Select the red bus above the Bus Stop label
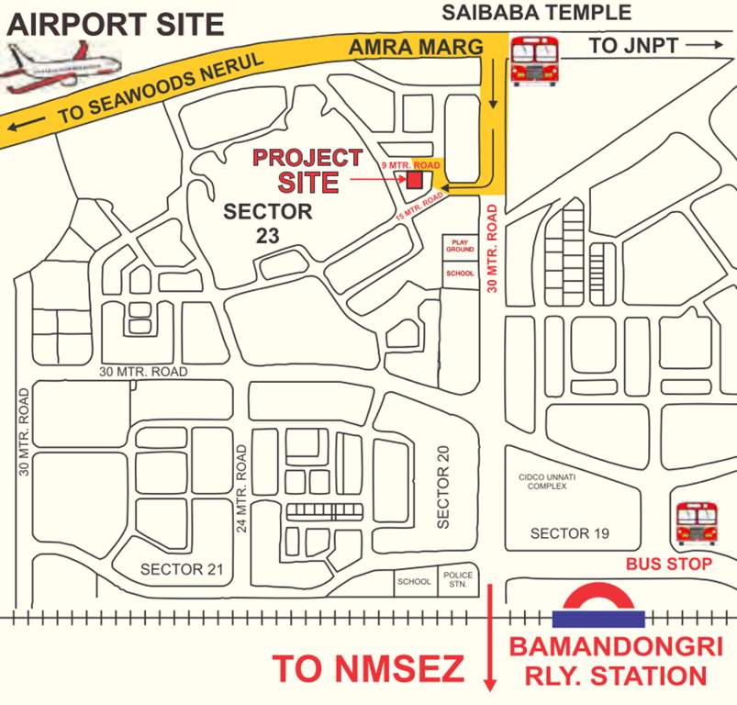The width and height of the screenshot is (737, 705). point(696,523)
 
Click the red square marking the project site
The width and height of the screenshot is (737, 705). point(415,179)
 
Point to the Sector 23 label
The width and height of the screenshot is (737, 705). point(268,222)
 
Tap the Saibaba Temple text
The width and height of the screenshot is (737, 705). point(537,12)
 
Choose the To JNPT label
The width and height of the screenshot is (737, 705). point(642,45)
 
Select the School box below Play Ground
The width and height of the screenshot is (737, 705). point(460,274)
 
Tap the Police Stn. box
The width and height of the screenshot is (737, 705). point(457,581)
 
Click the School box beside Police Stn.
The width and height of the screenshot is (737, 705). point(414,581)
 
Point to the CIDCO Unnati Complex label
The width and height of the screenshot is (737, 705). point(547,481)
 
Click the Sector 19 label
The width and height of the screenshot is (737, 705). point(570,533)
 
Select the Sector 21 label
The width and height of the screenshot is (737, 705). point(182,569)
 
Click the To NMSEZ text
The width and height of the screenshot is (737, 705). point(368,669)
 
